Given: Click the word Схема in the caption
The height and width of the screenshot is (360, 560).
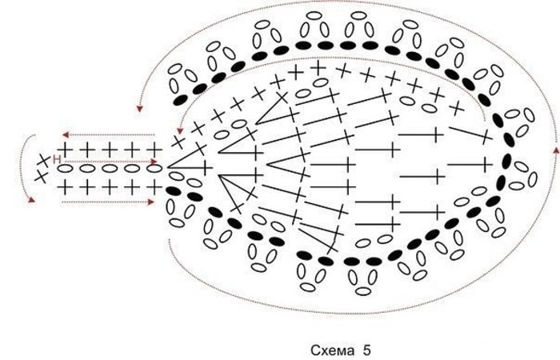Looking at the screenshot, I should pos(330,350).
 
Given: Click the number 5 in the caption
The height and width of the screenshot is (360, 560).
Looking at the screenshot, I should pos(366,350).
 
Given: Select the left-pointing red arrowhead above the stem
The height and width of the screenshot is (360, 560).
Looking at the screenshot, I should pos(66,134).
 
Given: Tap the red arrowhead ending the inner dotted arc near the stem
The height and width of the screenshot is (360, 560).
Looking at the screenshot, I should pos(180,128).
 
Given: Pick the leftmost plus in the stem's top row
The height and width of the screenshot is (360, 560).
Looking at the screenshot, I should pos(66,150).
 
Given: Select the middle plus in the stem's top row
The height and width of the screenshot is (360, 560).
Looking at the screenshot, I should pos(110,150).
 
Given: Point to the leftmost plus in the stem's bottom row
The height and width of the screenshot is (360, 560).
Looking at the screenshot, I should pos(66,186).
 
